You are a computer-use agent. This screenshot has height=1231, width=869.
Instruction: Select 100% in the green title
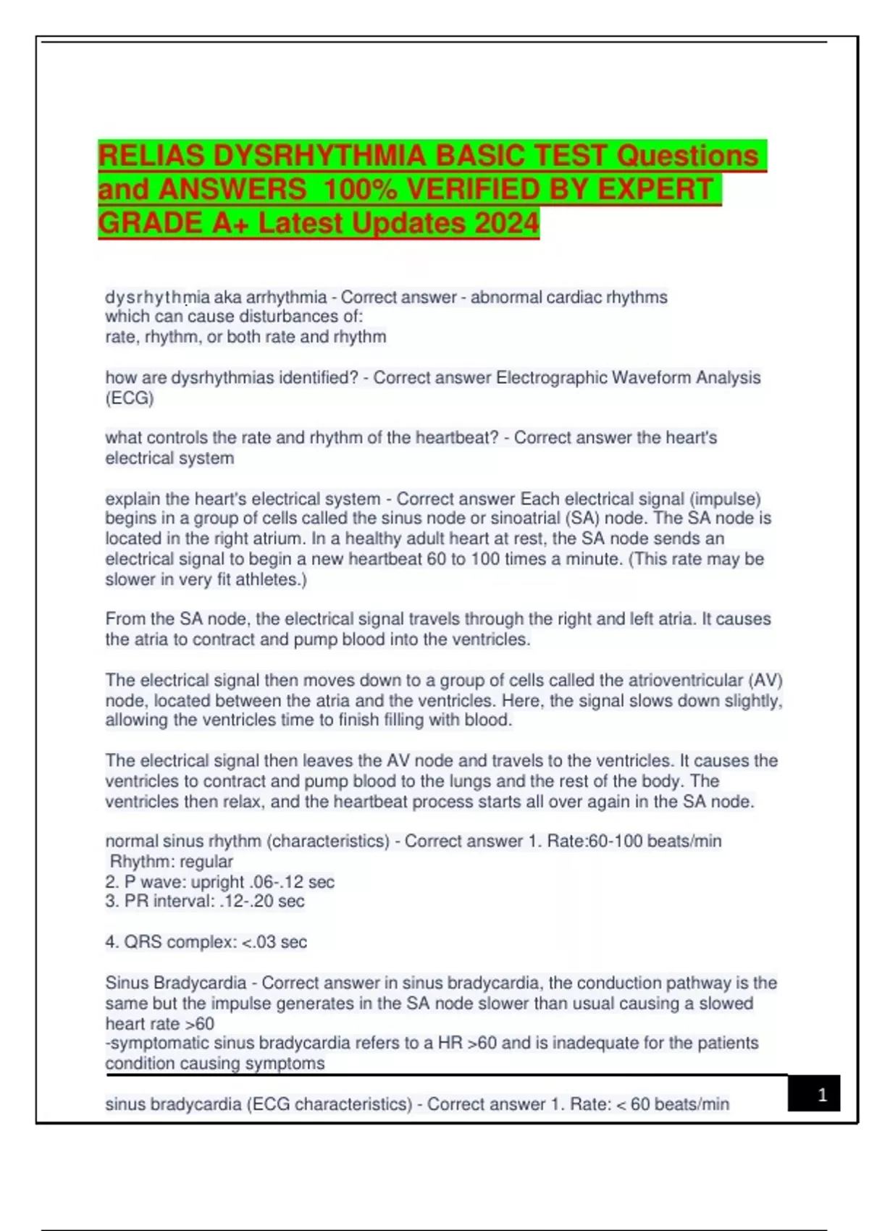pos(359,190)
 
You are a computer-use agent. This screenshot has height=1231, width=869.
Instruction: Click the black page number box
pos(814,1093)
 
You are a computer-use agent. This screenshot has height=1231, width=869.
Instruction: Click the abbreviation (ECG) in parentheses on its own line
pos(130,398)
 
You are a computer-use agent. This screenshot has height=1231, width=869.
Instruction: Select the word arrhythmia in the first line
pos(286,298)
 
